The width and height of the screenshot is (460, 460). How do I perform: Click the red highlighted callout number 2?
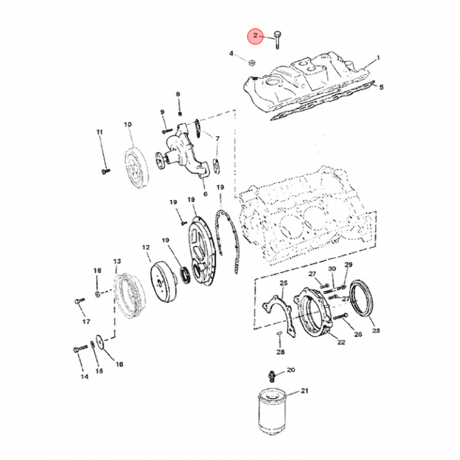(x=255, y=36)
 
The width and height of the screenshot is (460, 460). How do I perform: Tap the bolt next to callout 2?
(x=277, y=40)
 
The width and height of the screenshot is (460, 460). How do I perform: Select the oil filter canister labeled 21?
(x=272, y=411)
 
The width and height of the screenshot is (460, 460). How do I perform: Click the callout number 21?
(x=305, y=391)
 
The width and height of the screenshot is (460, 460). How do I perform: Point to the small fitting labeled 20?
(x=272, y=376)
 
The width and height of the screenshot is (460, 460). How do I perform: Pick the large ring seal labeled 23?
(x=363, y=298)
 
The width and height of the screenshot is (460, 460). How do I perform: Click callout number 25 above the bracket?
(x=284, y=283)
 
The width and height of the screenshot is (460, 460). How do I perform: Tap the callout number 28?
(x=280, y=352)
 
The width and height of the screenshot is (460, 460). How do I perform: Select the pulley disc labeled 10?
(x=137, y=168)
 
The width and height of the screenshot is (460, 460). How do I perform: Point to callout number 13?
(x=117, y=261)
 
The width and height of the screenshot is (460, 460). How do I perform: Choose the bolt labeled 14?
(x=80, y=349)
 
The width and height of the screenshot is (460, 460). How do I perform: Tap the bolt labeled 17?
(x=80, y=301)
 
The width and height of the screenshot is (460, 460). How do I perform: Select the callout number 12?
(x=146, y=248)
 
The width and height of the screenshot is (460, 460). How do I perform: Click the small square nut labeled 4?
(x=252, y=62)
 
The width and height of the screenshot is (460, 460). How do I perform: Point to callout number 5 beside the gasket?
(x=381, y=87)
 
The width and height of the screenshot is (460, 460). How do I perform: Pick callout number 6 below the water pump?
(x=205, y=194)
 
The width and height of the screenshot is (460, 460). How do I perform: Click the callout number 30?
(x=332, y=269)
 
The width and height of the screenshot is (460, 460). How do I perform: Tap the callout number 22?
(x=341, y=342)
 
